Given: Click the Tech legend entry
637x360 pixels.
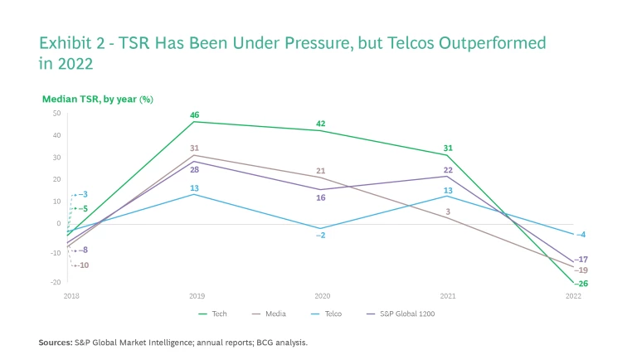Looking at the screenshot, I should point(213,314).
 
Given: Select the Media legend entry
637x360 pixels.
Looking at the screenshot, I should point(272,314).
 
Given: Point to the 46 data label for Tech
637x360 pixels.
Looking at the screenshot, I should point(194,114).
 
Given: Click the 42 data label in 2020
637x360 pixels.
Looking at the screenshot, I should point(320,123).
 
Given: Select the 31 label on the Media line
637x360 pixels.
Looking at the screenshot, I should point(194,148).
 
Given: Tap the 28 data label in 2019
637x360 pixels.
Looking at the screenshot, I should point(194,169).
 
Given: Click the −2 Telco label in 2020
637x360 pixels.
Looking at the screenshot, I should point(320,236).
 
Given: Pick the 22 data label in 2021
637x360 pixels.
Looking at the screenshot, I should point(447,169).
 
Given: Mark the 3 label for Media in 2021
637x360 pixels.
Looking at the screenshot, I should point(447,212).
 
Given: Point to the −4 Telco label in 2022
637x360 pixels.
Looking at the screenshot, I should point(581,235).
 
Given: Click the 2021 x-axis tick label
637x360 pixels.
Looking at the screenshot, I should point(447,295).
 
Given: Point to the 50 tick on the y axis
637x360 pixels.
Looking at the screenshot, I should point(56,113).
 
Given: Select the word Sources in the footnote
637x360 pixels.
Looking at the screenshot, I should point(55,342).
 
